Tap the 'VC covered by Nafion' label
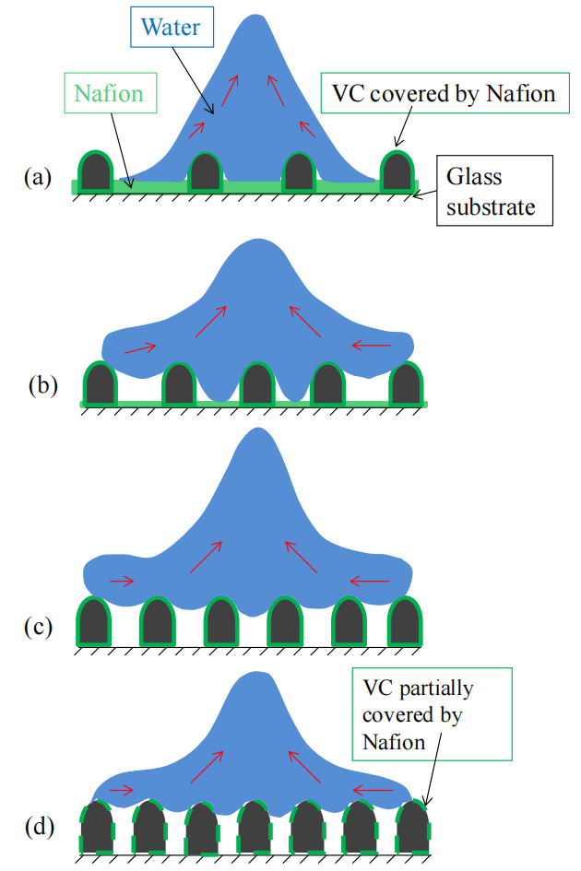click(441, 94)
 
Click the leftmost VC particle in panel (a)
click(96, 172)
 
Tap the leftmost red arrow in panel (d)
click(122, 790)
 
